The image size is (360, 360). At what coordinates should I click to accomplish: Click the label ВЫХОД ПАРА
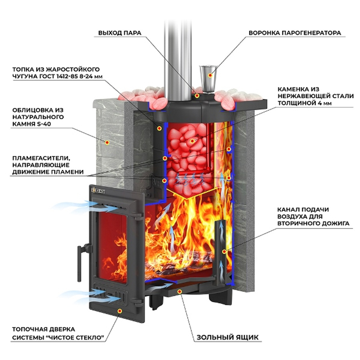click(x=120, y=33)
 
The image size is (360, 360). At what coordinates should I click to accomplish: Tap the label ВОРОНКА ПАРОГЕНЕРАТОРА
click(x=294, y=33)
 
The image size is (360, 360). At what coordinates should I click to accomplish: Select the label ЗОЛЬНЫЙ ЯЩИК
click(x=227, y=337)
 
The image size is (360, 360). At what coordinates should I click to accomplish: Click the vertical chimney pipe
click(x=179, y=54)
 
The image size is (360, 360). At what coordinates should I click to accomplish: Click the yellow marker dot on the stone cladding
click(x=107, y=143)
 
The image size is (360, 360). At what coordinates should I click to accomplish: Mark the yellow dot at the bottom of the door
click(x=120, y=310)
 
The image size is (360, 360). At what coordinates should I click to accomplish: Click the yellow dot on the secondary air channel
click(x=224, y=251)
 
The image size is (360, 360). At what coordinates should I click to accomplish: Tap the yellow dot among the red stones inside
click(x=196, y=141)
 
